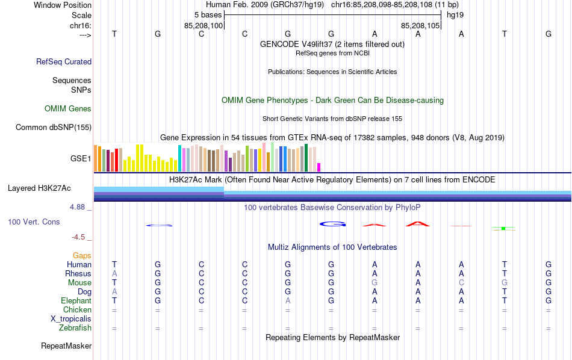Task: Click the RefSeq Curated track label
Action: tap(64, 61)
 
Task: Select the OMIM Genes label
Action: tap(68, 109)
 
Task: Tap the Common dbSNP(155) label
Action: tap(54, 128)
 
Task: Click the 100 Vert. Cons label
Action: tap(34, 222)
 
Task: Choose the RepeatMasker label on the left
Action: tap(66, 346)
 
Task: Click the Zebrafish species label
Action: tap(75, 328)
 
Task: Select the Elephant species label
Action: tap(76, 301)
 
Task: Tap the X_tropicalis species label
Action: tap(71, 319)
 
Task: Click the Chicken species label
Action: tap(77, 310)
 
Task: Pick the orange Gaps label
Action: tap(82, 256)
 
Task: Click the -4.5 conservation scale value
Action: tap(79, 237)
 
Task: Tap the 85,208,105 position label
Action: tap(421, 26)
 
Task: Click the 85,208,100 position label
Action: tap(204, 26)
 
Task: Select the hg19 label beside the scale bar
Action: tap(455, 14)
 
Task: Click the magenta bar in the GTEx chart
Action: tap(319, 167)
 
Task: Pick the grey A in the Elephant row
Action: tap(288, 301)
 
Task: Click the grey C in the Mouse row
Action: tap(461, 283)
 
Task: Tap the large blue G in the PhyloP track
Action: tap(331, 225)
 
